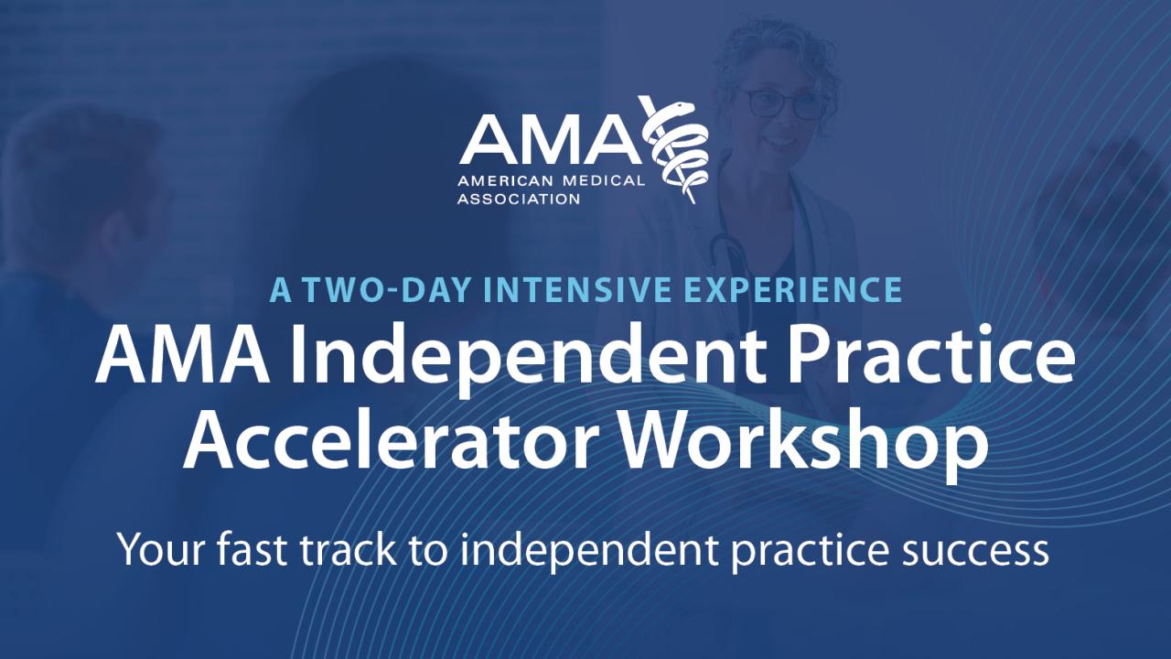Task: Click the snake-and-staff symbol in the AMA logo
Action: pyautogui.click(x=674, y=149)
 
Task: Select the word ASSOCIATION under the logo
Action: pyautogui.click(x=519, y=199)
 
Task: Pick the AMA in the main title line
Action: pyautogui.click(x=182, y=357)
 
